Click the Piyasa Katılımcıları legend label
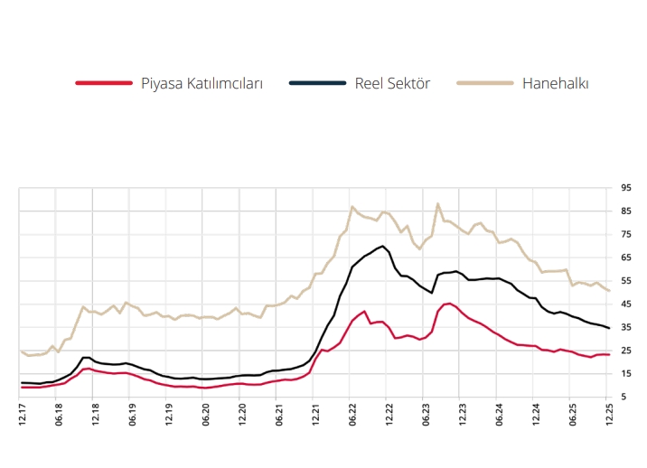pos(202,83)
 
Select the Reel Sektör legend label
pos(392,83)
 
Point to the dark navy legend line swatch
pos(317,83)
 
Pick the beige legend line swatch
pos(484,83)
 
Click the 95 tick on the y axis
pos(626,188)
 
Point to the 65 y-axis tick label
pos(626,257)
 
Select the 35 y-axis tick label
pos(626,327)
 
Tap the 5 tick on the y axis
pos(626,397)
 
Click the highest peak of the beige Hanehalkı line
pos(438,204)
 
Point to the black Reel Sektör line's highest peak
pos(383,246)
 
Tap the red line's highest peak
pos(450,303)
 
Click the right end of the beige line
pos(609,291)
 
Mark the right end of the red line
pos(609,354)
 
